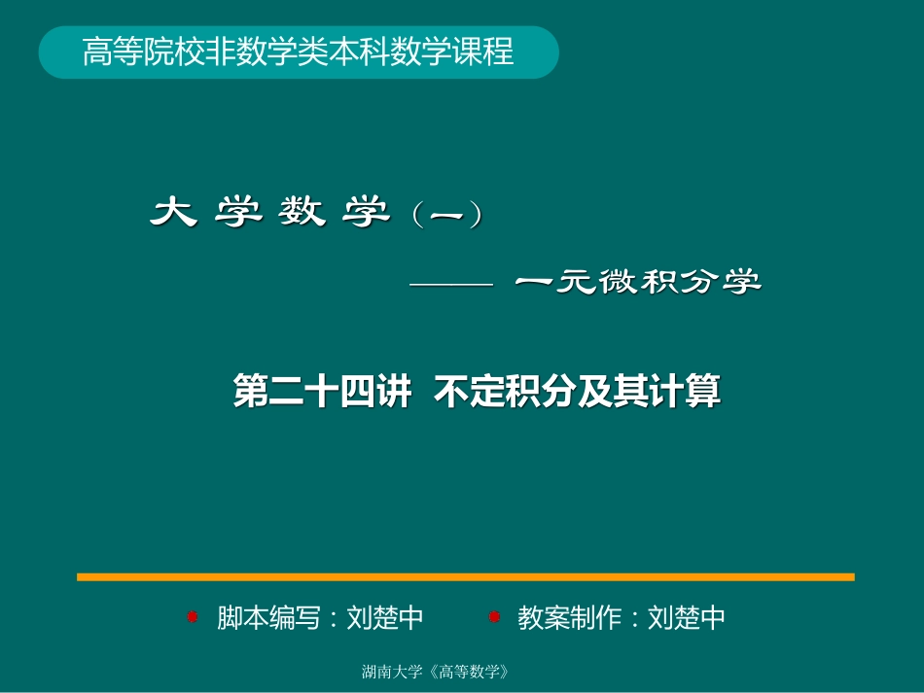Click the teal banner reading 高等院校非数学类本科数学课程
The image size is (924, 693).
[298, 52]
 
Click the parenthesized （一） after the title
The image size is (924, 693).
[447, 215]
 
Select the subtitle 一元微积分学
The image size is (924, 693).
[638, 283]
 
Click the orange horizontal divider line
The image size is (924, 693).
[465, 576]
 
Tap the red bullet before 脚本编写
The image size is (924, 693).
[193, 616]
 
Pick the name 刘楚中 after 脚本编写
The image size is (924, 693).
[385, 617]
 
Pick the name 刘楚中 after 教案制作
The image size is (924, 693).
[687, 617]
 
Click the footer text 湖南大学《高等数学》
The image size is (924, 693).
[436, 672]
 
